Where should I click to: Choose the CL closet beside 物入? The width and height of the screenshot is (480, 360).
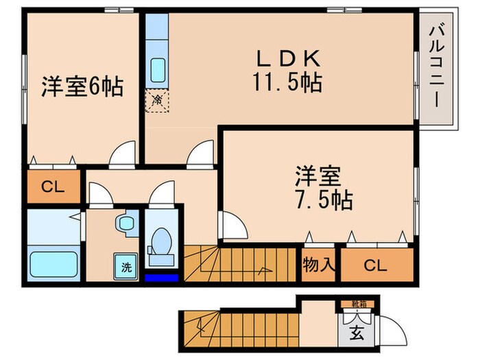click(x=372, y=264)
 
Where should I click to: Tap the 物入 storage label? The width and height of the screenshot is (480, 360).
click(x=318, y=264)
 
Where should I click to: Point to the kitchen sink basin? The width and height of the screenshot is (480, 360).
click(x=157, y=71)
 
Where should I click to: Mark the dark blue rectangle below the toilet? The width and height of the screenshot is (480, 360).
click(x=162, y=278)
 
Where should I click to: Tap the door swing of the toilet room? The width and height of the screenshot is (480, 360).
click(x=165, y=194)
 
